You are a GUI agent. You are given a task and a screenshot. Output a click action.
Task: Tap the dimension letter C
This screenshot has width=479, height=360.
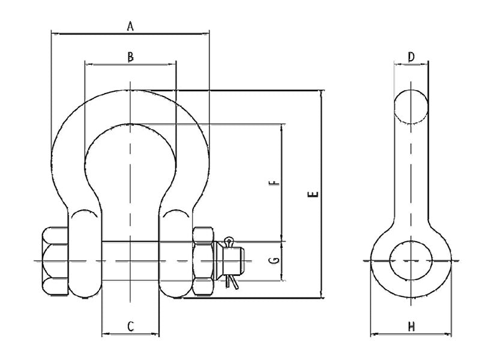[x=130, y=326]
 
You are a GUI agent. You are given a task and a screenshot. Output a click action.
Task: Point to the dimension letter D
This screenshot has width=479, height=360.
[x=411, y=57]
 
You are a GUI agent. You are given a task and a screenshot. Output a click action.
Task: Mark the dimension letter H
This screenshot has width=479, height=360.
[x=411, y=327]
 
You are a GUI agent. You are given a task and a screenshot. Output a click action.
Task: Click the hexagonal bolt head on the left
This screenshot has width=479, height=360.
[x=56, y=260]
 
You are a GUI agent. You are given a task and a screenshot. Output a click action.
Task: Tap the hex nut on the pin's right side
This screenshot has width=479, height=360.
[x=203, y=260]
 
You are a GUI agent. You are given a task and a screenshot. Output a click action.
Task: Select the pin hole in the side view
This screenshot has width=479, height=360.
[x=411, y=260]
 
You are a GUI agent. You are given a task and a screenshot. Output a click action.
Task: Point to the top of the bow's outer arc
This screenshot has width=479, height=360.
[x=130, y=90]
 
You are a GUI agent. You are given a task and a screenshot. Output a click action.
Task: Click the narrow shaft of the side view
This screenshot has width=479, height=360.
[x=411, y=174]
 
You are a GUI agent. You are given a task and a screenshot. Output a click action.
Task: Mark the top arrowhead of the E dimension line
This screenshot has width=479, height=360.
[x=323, y=94]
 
